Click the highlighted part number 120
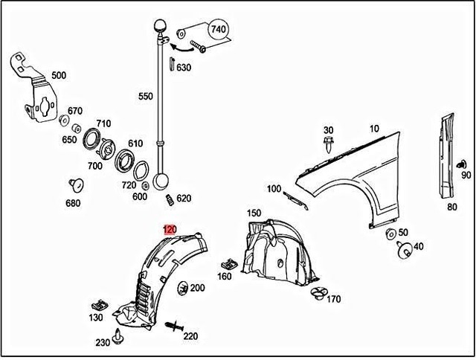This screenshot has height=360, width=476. tap(170, 230)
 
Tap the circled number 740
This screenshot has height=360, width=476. tap(218, 30)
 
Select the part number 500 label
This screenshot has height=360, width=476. tap(59, 75)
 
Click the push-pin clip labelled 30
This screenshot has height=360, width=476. tap(329, 147)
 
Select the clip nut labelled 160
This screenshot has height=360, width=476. tap(229, 263)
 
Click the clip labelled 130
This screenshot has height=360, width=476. tap(97, 304)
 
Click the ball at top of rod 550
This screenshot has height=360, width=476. tap(160, 26)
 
